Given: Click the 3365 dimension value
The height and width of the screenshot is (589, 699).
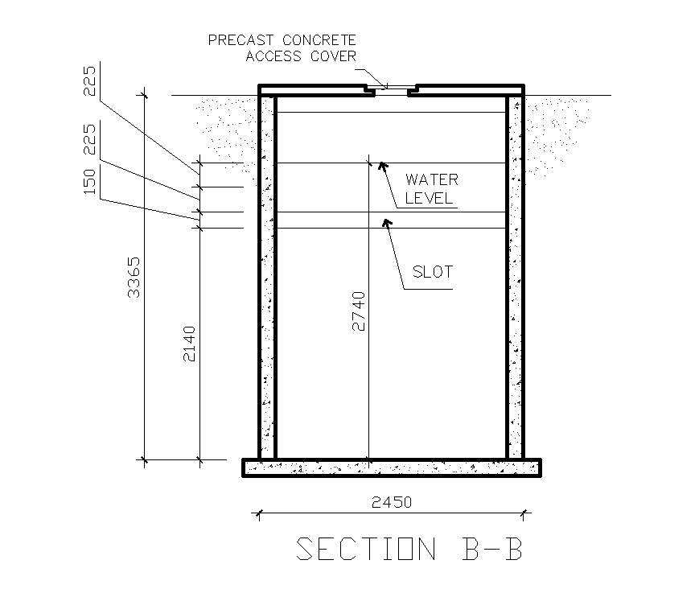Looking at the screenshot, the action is click(135, 278).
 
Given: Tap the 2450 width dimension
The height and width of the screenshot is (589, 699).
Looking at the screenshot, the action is click(392, 502).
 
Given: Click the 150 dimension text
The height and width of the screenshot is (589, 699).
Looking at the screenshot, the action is click(90, 181).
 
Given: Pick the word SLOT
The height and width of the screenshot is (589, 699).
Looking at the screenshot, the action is click(433, 271).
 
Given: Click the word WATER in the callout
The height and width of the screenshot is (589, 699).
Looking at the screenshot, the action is click(431, 179).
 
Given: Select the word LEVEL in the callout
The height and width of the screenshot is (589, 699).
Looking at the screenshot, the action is click(430, 198).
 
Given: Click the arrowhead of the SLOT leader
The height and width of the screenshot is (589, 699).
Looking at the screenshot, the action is click(386, 222).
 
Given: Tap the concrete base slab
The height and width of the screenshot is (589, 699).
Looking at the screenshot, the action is click(391, 467).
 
